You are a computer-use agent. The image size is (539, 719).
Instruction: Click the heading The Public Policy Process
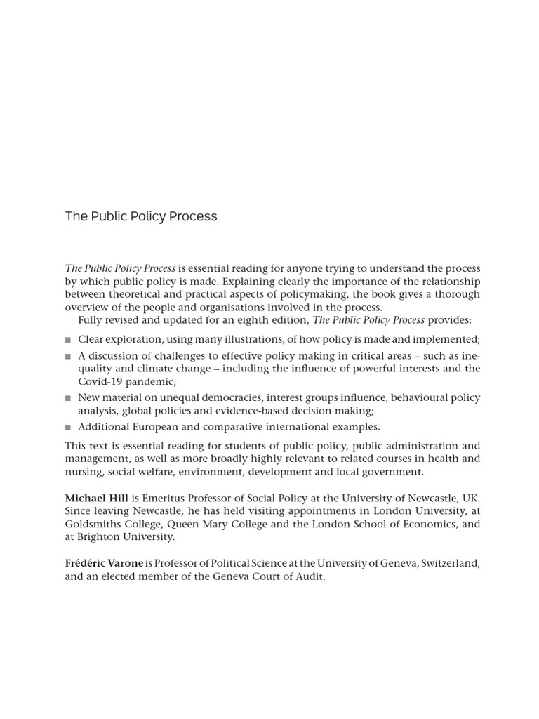[141, 216]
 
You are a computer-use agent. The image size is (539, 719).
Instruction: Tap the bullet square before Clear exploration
[69, 340]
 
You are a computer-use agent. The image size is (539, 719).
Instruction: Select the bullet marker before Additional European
[69, 427]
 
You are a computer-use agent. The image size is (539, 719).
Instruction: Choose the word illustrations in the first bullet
[241, 339]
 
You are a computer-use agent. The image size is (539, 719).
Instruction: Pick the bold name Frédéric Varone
[104, 563]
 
